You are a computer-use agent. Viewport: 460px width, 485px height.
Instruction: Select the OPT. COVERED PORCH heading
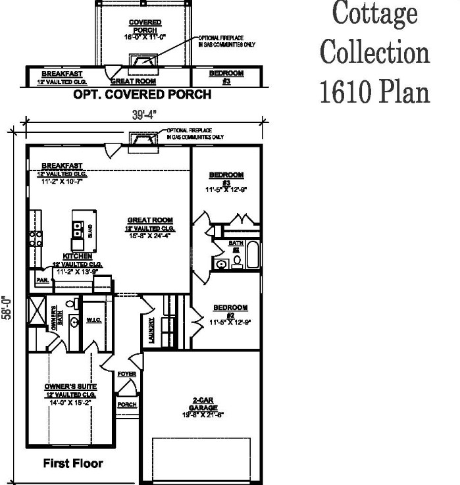(142, 95)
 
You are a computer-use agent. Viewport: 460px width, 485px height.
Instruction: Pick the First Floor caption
(73, 463)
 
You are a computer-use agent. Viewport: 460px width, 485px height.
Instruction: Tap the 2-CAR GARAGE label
(198, 403)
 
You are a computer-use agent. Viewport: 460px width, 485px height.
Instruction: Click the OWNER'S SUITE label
(71, 386)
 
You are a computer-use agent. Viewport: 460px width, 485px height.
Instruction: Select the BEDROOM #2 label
(230, 307)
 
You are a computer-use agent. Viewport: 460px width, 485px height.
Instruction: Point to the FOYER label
(126, 374)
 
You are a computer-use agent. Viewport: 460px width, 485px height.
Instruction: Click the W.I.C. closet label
(93, 320)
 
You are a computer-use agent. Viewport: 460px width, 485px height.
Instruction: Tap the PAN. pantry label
(42, 280)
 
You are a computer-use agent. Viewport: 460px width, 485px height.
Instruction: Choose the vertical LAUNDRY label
(151, 329)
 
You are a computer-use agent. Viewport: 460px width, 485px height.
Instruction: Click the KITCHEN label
(72, 255)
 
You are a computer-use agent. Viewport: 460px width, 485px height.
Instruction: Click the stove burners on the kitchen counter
(36, 238)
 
